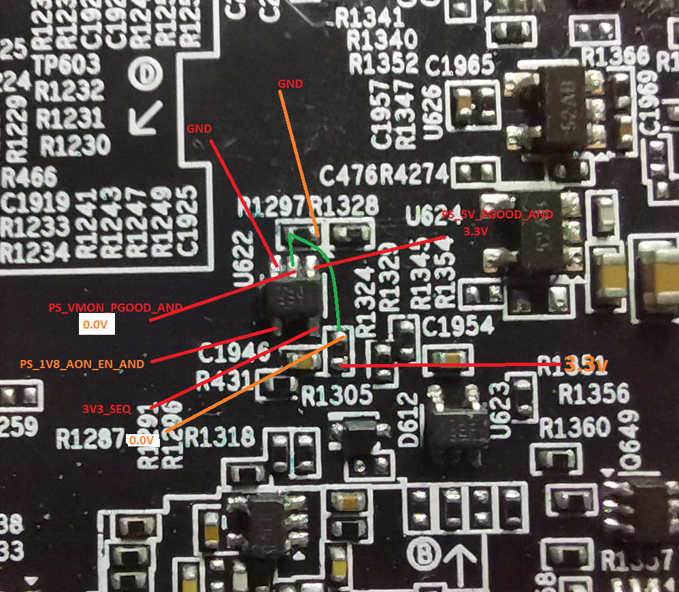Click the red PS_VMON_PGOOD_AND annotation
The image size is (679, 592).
coord(115,308)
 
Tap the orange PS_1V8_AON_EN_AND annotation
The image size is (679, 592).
coord(82,364)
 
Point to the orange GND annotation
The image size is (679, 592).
coord(290,84)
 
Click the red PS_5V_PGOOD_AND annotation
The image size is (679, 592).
coord(497,214)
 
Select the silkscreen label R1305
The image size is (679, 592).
coord(337,393)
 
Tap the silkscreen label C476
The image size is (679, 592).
coord(348,176)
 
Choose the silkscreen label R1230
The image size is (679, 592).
coord(75,144)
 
